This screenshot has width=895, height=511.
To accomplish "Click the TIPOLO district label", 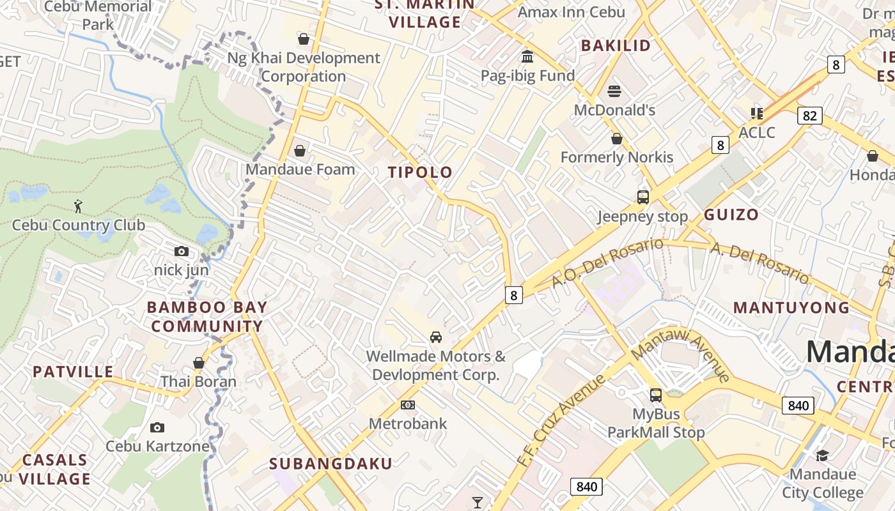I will [x=420, y=172].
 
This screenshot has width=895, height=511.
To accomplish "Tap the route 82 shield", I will [x=809, y=116].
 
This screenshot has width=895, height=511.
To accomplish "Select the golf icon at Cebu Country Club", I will [x=78, y=206].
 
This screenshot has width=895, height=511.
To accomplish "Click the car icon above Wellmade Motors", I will [x=435, y=337].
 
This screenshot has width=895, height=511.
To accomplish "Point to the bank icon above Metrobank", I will [x=407, y=405].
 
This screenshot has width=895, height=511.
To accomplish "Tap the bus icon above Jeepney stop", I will [x=642, y=197].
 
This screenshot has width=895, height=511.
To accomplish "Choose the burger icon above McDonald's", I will [x=614, y=91].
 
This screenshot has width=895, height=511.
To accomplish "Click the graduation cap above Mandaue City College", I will [x=822, y=455].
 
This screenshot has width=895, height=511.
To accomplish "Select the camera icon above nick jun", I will [x=182, y=251].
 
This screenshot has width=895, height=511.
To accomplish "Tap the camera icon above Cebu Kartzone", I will [x=157, y=427].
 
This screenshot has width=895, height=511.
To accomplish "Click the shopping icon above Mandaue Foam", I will [x=299, y=151].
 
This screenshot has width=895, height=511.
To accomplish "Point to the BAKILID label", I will [x=615, y=45].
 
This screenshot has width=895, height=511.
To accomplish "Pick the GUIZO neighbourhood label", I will [x=731, y=215].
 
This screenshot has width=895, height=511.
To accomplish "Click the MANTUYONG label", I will [x=791, y=307].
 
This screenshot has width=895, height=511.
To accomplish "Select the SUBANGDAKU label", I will [x=330, y=464].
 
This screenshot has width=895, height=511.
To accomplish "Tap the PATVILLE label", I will [x=73, y=372].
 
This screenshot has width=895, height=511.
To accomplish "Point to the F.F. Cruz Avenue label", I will [x=561, y=421].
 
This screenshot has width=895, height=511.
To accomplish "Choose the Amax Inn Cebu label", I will [x=570, y=12].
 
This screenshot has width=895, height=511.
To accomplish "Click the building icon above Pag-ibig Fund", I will [x=527, y=57].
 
